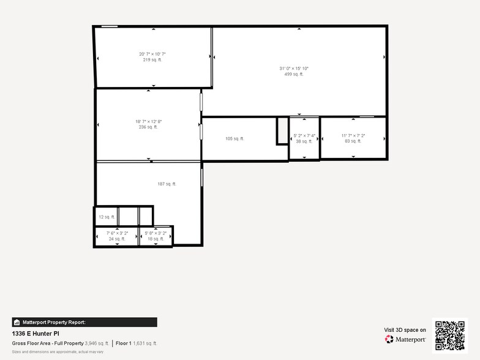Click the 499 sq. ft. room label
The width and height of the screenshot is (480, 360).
pos(294,74)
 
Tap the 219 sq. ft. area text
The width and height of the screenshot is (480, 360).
pos(152,60)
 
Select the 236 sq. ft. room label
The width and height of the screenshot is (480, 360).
pos(148,127)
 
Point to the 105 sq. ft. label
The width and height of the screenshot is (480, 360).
pos(234,139)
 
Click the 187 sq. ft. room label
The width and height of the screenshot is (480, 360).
pos(167,184)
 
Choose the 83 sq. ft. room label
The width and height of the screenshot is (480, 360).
pos(353,141)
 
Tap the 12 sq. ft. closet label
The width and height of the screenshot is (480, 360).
pos(107,217)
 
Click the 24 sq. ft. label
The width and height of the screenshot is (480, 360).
pos(117,239)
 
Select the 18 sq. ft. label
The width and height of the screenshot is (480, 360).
pos(156,239)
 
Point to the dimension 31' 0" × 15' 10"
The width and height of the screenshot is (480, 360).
pos(294,69)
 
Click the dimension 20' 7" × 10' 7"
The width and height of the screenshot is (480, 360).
pos(152,54)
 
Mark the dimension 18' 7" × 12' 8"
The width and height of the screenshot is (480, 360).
pos(148,121)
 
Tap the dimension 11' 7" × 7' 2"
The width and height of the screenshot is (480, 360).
pos(353,135)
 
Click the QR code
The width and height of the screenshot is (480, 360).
pos(450,335)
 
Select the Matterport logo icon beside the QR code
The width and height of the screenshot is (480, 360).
pos(389,339)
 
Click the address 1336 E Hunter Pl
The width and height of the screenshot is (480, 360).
pos(36,334)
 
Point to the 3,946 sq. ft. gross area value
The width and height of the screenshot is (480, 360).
pos(97,343)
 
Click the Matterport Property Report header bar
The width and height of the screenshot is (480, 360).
pos(84,322)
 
